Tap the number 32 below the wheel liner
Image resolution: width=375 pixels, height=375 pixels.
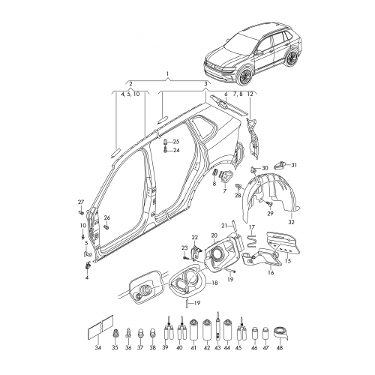click(x=292, y=223)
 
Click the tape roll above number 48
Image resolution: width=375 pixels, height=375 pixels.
click(x=280, y=331)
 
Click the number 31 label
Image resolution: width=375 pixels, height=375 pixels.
click(x=294, y=164)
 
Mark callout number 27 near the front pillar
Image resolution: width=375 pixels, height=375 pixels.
click(x=81, y=203)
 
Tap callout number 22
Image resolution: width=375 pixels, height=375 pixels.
click(x=194, y=237)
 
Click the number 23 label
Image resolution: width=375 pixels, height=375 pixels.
click(x=183, y=247)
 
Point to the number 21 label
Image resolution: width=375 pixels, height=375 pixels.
click(x=223, y=225)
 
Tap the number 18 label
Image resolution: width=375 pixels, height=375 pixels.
click(x=215, y=283)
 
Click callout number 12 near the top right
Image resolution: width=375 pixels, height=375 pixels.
click(x=250, y=94)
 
